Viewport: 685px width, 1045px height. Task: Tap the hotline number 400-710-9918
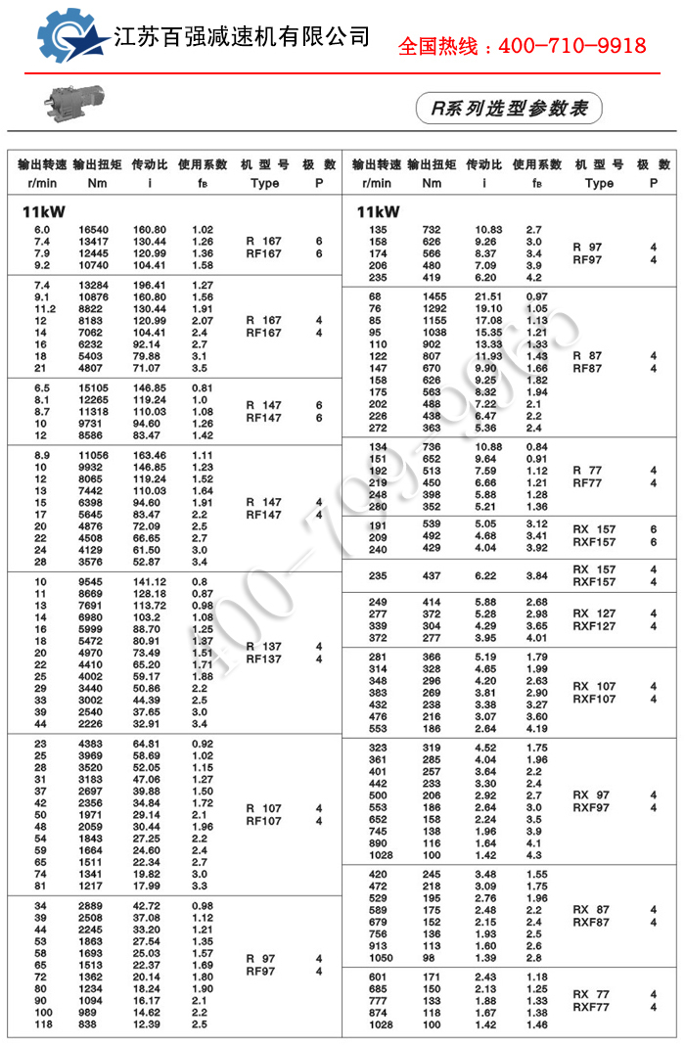point(522,46)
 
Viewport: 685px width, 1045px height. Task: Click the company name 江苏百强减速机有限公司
point(243,37)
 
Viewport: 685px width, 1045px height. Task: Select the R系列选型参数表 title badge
point(509,109)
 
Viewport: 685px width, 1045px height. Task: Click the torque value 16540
point(94,229)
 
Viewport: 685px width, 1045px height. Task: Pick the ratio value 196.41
point(150,285)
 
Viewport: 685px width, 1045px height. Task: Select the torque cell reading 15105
point(94,386)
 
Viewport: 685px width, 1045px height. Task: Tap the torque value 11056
point(94,456)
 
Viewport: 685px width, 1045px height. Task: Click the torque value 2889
point(91,906)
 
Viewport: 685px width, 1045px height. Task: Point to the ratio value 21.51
point(488,296)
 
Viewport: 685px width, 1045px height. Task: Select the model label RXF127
point(594,626)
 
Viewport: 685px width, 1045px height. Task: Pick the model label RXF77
point(591,1007)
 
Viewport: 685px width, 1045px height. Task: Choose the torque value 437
point(432,575)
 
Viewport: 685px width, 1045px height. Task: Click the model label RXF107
point(594,700)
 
